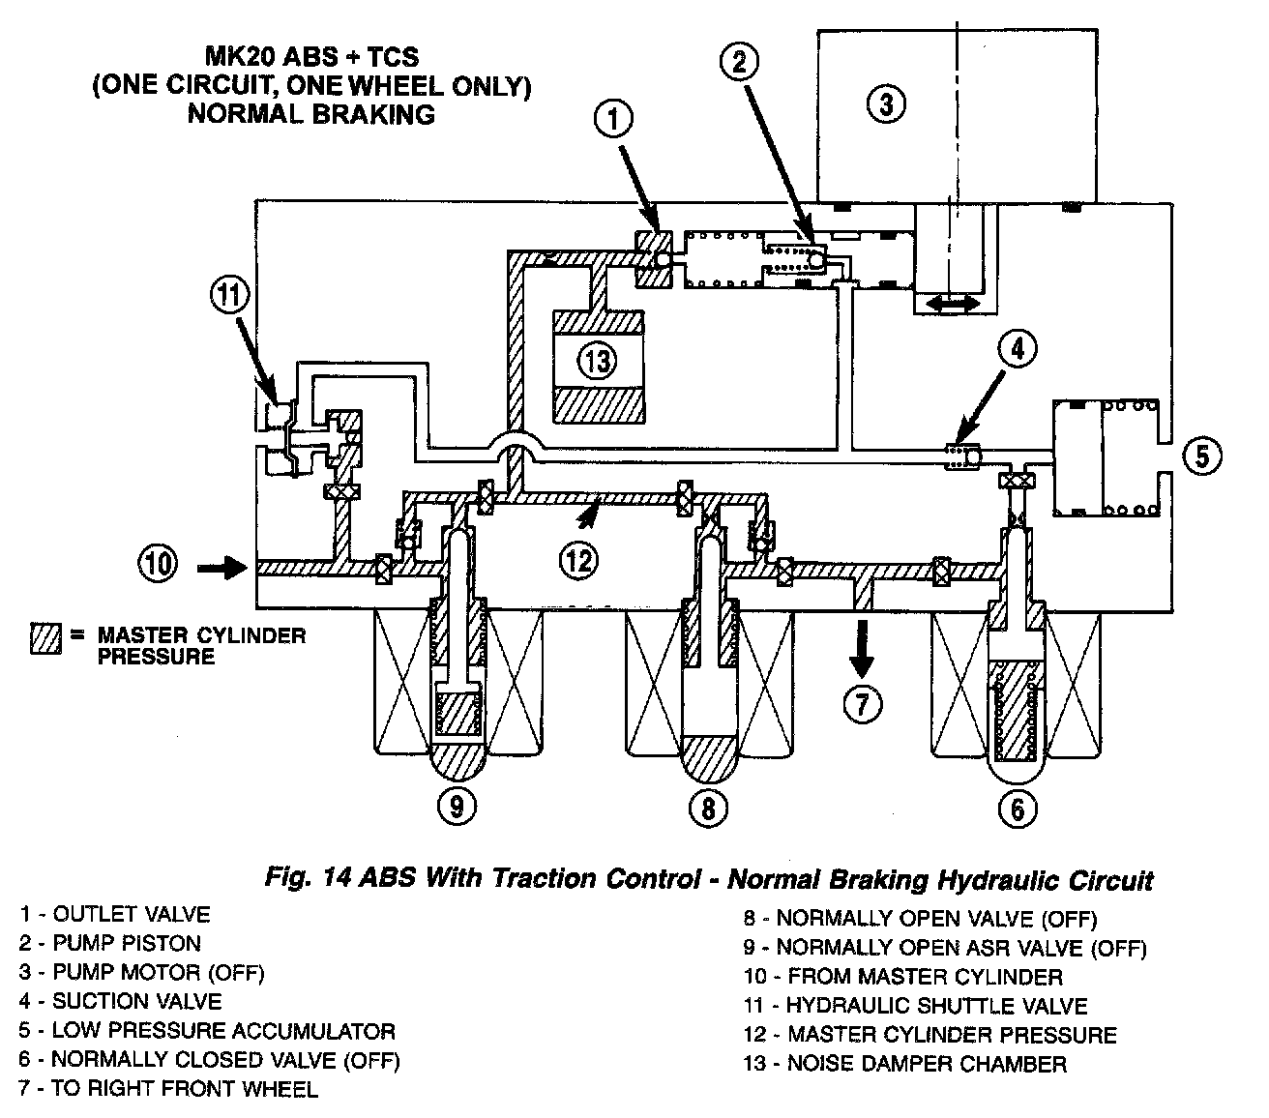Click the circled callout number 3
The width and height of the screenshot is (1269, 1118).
(885, 103)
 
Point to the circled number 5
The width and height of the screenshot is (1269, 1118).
(1201, 455)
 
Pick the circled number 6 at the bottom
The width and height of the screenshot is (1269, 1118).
(1017, 807)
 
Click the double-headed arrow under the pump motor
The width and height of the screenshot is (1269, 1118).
(952, 304)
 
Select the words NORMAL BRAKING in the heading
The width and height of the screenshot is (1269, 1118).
(310, 114)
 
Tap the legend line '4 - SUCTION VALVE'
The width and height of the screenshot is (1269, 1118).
(120, 1002)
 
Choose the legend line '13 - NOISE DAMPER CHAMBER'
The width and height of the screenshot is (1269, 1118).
(904, 1065)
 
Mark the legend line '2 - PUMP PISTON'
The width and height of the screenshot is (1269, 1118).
(109, 943)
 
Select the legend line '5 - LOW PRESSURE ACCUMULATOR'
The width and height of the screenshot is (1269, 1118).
(206, 1031)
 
